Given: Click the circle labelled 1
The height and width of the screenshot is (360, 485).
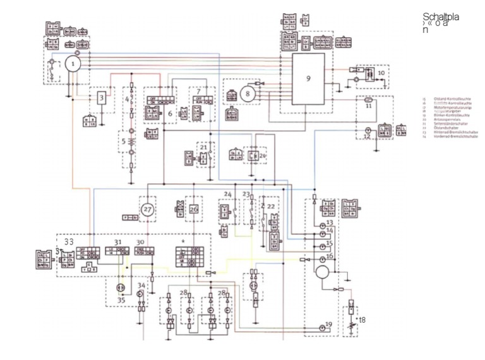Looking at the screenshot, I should click(74, 64).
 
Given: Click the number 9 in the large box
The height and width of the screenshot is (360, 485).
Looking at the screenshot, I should click(308, 78).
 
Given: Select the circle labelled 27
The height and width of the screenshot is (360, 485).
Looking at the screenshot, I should click(147, 208).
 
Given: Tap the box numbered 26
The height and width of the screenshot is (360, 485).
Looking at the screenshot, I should click(194, 208).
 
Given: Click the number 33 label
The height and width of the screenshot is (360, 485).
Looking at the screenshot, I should click(68, 241).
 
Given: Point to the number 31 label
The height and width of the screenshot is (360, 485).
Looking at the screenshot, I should click(117, 243).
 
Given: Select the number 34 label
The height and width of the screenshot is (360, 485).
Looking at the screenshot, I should click(141, 286).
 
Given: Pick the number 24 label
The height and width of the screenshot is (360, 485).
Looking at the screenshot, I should click(228, 193).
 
